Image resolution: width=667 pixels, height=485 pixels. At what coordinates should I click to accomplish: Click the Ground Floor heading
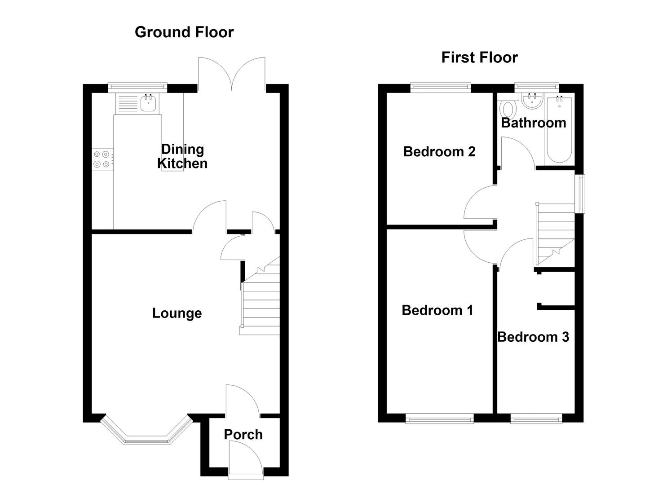point(184,32)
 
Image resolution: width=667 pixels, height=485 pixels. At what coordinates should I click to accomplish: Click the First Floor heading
point(479,57)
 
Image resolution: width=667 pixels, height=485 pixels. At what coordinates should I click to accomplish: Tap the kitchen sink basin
point(148,103)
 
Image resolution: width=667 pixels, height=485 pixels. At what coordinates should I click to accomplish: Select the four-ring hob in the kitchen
point(102,159)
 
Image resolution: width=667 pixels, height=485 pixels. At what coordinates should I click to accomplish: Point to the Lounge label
point(177,313)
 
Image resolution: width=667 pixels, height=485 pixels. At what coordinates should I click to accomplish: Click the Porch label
point(243,434)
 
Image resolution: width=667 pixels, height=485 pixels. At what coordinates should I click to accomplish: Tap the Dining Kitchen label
point(182,156)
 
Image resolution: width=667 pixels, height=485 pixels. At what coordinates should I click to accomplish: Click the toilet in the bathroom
point(508,109)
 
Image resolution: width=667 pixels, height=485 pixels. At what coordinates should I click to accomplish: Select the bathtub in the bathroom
point(559,130)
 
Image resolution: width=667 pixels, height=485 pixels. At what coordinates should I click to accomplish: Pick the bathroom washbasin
point(533,101)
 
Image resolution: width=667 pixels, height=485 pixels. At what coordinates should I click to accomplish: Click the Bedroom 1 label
point(437,310)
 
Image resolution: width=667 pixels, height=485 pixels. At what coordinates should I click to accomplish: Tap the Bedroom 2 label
point(439,151)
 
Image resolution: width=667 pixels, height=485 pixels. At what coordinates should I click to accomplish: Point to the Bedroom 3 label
point(533,337)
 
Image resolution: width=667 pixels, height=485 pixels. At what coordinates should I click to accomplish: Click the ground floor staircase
point(261,301)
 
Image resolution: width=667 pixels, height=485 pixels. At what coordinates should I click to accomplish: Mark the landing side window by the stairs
point(581,194)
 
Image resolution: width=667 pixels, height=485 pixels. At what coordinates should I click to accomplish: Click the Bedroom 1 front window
point(439,419)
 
